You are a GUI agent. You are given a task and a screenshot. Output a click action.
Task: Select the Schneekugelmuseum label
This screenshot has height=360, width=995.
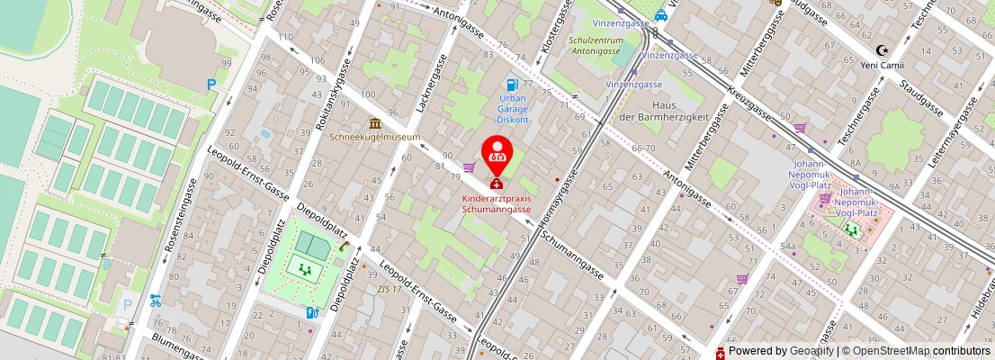point(374,138)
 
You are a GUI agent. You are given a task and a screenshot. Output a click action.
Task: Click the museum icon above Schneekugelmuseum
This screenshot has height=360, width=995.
point(374,123)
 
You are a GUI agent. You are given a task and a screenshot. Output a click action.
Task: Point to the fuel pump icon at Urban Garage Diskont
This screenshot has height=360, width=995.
point(513,85)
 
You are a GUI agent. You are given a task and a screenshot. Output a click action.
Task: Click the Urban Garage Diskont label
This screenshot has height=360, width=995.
point(513,108)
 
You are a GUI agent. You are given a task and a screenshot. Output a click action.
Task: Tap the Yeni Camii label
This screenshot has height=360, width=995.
point(883,65)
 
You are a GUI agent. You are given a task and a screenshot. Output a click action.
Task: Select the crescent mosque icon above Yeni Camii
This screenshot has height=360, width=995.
point(883,50)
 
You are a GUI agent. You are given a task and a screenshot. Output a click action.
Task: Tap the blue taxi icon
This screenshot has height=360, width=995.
point(661,14)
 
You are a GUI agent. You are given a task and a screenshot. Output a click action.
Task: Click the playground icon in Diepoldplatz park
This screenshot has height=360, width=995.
point(305,267)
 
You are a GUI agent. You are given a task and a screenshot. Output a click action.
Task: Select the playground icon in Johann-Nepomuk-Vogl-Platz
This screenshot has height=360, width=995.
point(850,229)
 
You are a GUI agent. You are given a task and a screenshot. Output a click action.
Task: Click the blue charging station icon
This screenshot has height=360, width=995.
point(312,312)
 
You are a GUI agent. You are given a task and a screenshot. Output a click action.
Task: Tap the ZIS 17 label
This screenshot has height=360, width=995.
point(389,289)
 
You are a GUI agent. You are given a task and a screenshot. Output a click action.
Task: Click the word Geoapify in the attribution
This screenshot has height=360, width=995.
point(812,351)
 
